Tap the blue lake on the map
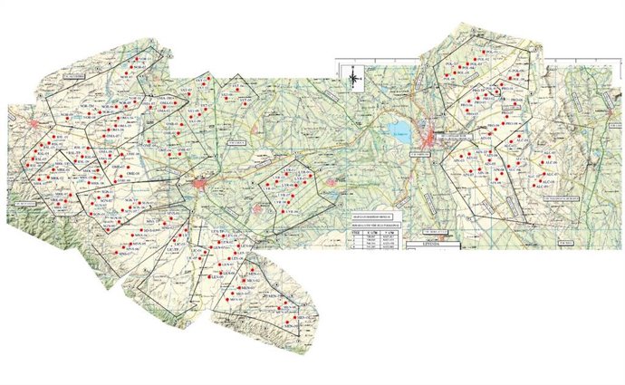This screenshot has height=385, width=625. [399, 130]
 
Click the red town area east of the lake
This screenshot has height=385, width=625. [428, 137]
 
